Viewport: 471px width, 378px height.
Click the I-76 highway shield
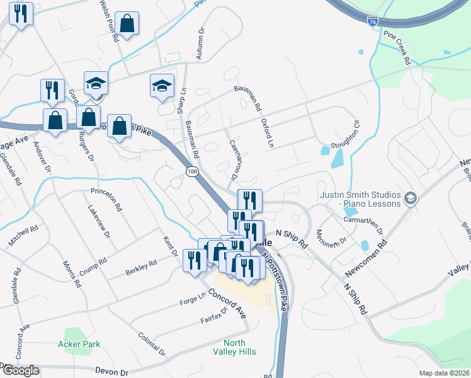click(x=373, y=21)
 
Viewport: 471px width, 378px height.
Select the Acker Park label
click(x=79, y=345)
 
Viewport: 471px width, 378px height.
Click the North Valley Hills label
click(x=235, y=347)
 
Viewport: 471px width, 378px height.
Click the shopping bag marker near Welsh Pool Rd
click(x=127, y=25)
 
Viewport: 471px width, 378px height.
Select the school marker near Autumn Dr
click(x=162, y=86)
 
